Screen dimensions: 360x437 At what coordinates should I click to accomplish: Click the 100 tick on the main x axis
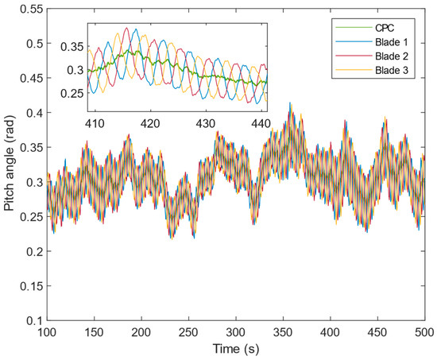(x=48, y=332)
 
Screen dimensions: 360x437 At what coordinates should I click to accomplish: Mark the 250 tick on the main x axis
(x=189, y=332)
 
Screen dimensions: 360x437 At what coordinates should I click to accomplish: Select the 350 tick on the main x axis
(x=283, y=332)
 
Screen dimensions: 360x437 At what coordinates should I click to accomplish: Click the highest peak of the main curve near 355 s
(x=290, y=103)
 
